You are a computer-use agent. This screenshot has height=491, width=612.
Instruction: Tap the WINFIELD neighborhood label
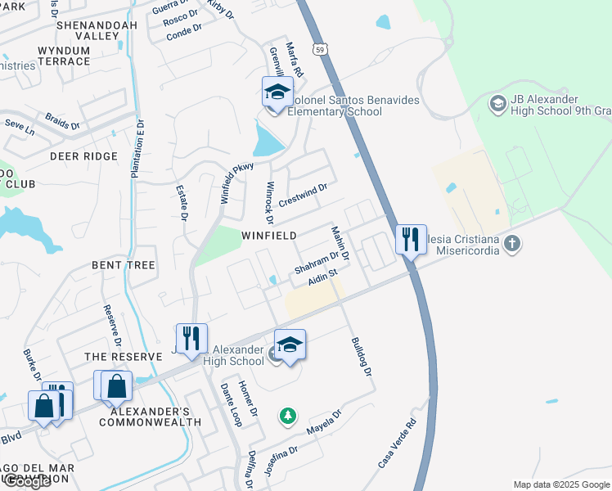click(269, 236)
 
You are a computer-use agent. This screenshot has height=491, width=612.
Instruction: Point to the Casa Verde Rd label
click(398, 444)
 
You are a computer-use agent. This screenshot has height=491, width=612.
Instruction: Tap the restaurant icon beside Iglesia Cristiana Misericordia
click(411, 240)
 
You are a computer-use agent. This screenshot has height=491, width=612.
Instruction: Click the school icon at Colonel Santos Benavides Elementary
click(277, 92)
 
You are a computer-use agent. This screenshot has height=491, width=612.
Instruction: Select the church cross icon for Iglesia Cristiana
click(511, 243)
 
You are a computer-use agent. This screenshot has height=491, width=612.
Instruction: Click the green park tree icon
click(287, 417)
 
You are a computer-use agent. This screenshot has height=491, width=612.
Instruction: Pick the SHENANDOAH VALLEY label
click(88, 30)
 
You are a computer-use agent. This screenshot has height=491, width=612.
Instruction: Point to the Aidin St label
click(323, 278)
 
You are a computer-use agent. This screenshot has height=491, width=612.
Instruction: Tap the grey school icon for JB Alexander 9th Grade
click(497, 104)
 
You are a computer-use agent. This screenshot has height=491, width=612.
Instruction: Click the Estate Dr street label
click(182, 201)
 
